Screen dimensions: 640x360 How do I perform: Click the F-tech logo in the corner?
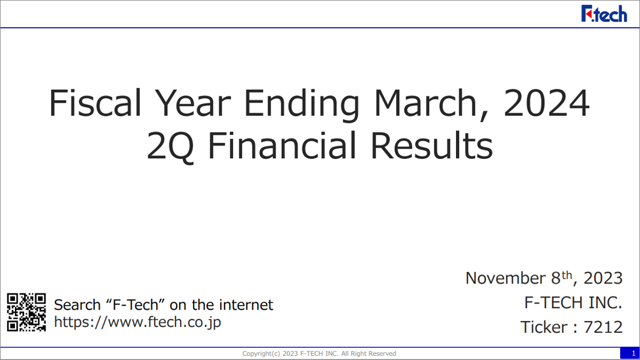604,13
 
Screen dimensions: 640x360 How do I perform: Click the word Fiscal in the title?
95,103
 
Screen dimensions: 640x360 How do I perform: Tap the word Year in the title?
192,103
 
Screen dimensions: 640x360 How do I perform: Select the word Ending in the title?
302,104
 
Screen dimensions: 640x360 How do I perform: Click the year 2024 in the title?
546,103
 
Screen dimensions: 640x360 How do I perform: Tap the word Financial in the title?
282,145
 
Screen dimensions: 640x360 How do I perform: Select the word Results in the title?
431,145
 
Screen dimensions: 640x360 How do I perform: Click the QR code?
27,312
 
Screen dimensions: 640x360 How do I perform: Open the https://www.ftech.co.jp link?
137,322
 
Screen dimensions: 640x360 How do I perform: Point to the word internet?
246,304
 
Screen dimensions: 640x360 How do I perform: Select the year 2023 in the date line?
603,278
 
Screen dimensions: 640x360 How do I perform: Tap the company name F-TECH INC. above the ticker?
573,302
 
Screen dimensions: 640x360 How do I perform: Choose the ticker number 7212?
603,327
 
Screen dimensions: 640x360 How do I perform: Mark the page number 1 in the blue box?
634,354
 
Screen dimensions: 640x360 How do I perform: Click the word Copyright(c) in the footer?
261,354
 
